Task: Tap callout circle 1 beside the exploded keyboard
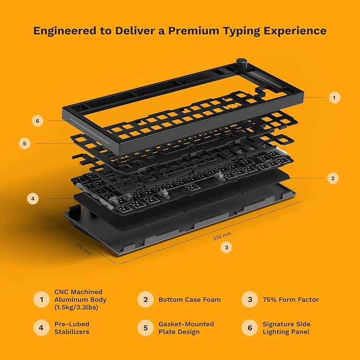(333, 98)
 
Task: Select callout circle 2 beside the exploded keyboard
(332, 178)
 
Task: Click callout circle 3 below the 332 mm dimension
(227, 247)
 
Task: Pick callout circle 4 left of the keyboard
(33, 199)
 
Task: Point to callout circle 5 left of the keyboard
(25, 143)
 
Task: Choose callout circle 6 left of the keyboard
(37, 121)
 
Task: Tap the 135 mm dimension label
(83, 249)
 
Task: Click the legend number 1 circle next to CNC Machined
(40, 300)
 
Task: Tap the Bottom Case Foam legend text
(189, 300)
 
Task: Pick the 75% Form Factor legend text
(291, 300)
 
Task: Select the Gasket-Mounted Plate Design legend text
(186, 328)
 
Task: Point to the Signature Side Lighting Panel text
(286, 328)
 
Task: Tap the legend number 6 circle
(249, 328)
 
